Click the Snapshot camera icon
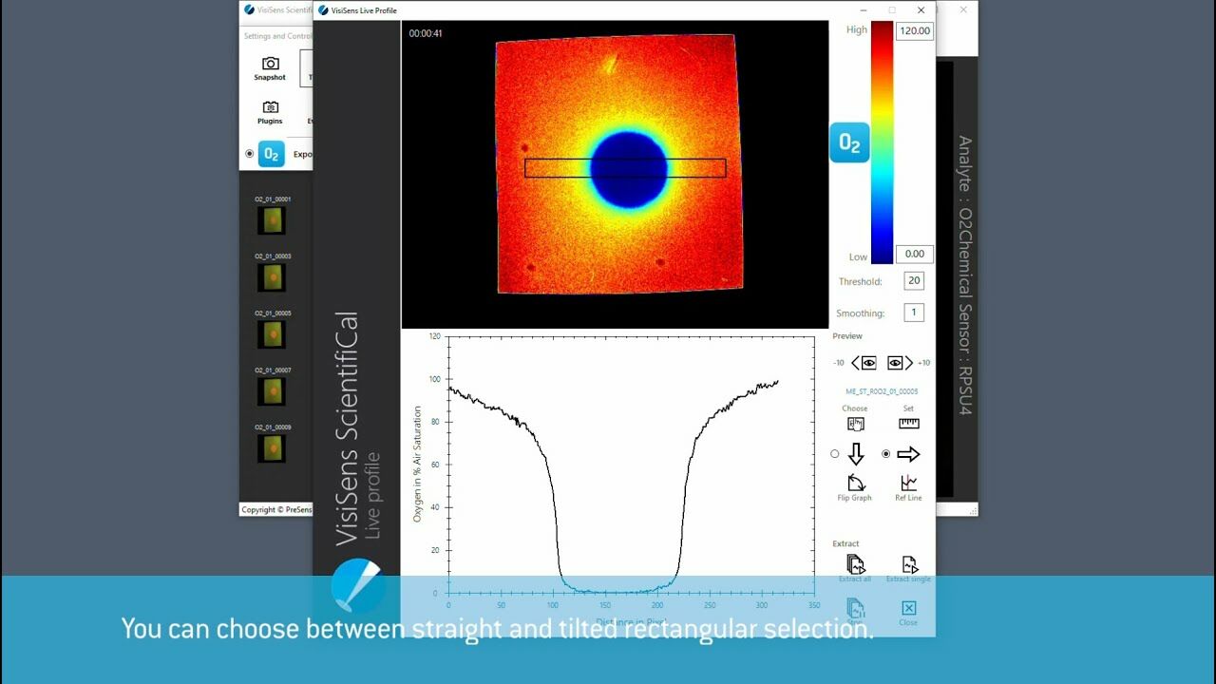(270, 64)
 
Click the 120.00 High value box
(915, 30)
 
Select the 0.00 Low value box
(915, 254)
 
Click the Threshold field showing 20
(914, 280)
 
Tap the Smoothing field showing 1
(914, 313)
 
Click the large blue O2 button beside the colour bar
(849, 142)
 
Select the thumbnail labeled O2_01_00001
(273, 220)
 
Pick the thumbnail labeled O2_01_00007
(273, 391)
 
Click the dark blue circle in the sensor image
(628, 169)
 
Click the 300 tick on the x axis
(761, 604)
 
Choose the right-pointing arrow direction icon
(908, 454)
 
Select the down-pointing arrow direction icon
(855, 454)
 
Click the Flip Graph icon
(855, 483)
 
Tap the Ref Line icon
(908, 483)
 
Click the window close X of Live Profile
(921, 10)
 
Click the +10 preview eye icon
(899, 363)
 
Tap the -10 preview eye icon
(864, 363)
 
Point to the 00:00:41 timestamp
(425, 33)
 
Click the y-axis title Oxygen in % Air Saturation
(417, 464)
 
